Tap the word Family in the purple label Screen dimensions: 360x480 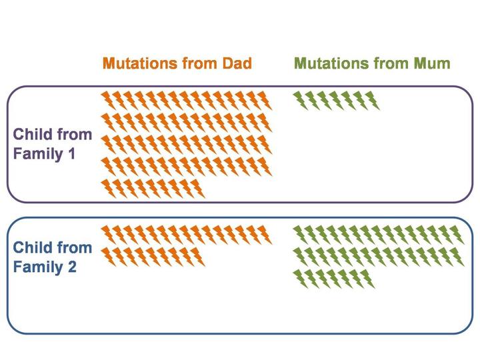coord(37,153)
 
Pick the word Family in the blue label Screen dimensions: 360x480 coord(37,267)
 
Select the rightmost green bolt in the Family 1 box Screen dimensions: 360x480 coord(372,101)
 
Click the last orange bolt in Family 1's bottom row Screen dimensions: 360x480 coord(195,189)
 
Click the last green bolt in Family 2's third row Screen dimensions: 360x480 coord(367,279)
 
